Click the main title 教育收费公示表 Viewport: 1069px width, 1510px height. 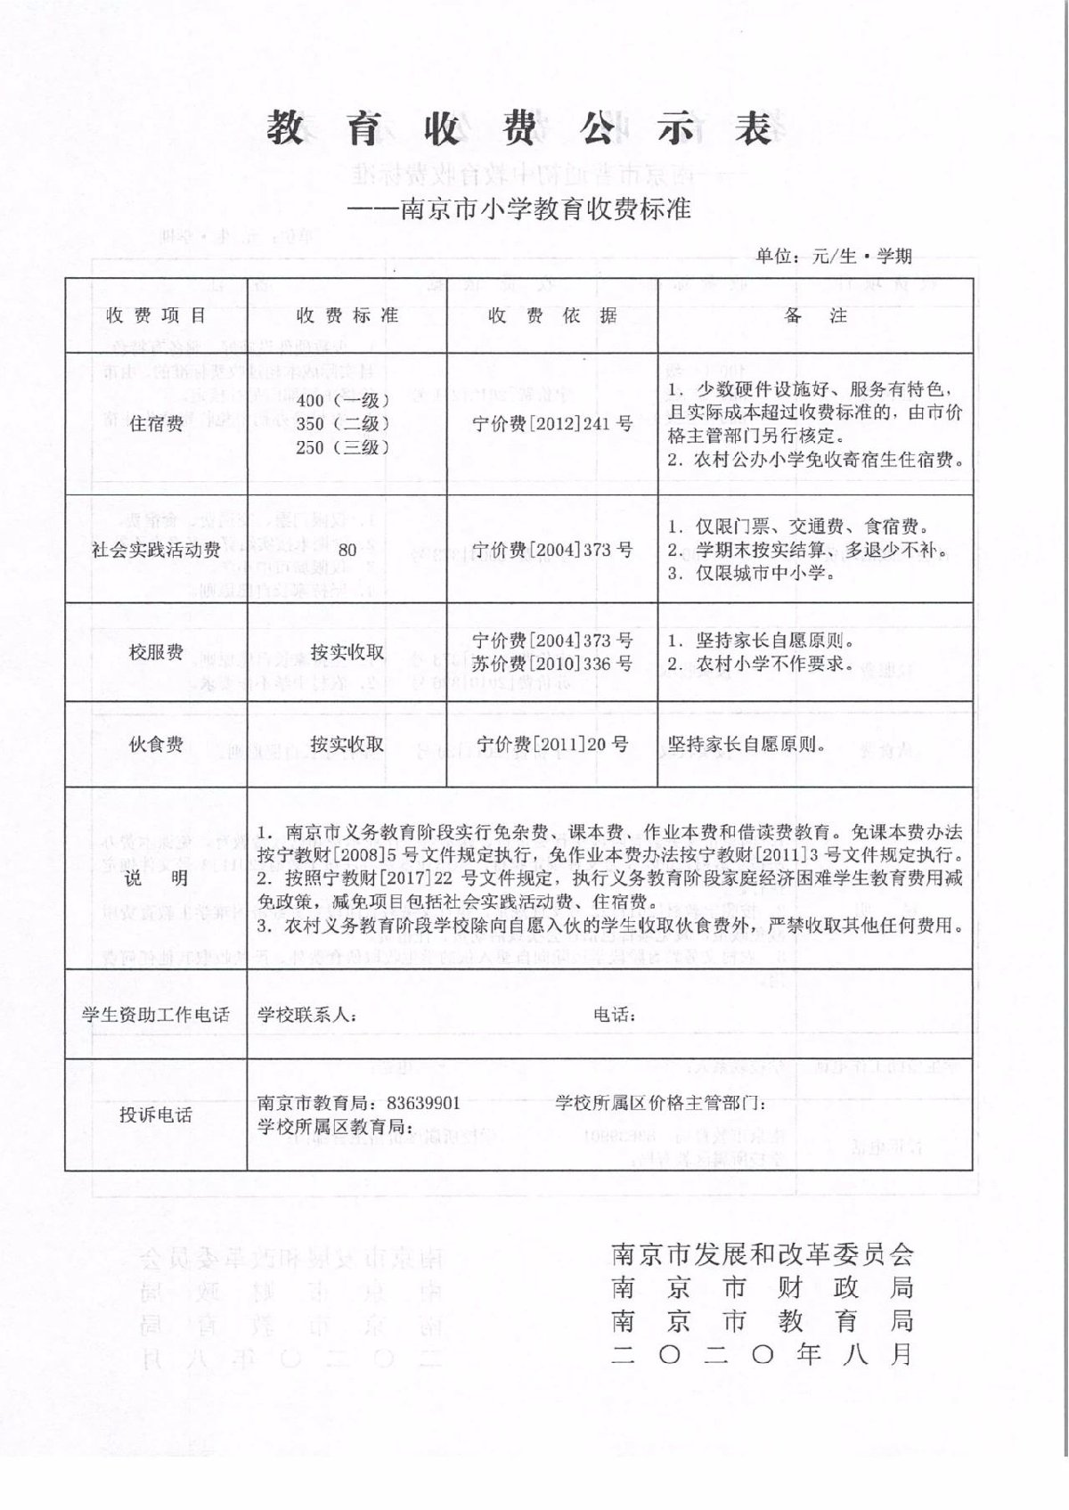519,130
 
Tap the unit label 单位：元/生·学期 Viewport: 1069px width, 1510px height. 834,257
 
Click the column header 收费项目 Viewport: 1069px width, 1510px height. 156,315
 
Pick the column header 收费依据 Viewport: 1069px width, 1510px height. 552,315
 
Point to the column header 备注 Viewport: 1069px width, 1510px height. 814,315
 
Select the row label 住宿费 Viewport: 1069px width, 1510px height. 156,424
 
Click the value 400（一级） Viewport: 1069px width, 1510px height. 343,400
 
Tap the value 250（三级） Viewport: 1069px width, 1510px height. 343,447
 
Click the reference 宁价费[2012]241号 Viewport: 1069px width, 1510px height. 552,424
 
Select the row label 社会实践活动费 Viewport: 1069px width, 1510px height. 156,551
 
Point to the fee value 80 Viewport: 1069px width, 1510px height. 347,551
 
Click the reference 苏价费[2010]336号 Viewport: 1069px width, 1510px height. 552,664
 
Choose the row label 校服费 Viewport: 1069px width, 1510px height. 156,652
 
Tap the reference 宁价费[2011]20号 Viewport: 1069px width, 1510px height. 552,744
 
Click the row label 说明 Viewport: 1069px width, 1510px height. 156,878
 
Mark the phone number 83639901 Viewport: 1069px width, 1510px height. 426,1103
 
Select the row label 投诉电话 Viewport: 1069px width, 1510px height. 156,1115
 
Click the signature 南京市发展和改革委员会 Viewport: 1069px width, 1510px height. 763,1255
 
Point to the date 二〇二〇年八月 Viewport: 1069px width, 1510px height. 763,1355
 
